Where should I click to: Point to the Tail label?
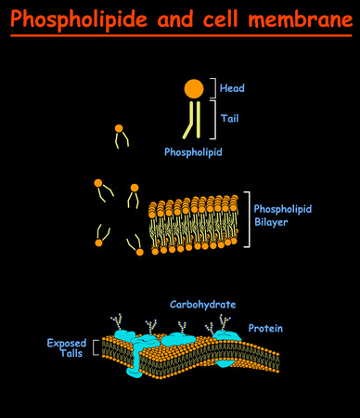click(230, 118)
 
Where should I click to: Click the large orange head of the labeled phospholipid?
click(194, 88)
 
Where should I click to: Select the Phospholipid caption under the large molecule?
click(193, 150)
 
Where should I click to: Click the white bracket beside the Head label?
click(213, 88)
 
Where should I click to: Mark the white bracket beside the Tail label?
click(213, 119)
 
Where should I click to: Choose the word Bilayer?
click(274, 222)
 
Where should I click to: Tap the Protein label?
click(265, 328)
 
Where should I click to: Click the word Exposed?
click(67, 343)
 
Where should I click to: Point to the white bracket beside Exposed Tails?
click(96, 348)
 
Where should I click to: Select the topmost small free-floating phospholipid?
click(119, 134)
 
